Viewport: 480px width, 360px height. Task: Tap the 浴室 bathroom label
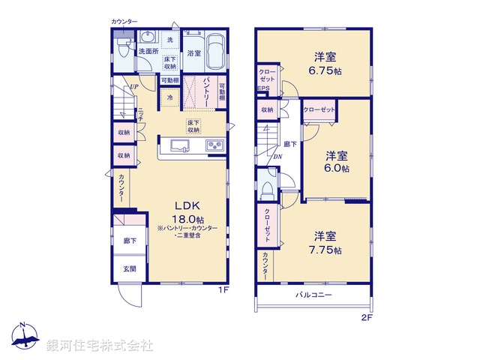(x=194, y=52)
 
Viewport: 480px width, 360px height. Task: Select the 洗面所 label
(x=147, y=52)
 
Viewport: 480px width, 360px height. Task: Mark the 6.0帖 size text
(x=337, y=169)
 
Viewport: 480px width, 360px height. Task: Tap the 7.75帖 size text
(x=327, y=249)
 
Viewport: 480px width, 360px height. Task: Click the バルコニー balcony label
(x=313, y=295)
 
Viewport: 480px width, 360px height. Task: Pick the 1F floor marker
(x=223, y=289)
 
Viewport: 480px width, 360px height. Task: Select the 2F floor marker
(x=367, y=317)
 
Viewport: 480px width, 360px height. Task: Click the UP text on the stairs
(x=133, y=86)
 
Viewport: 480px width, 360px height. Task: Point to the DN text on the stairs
(x=277, y=157)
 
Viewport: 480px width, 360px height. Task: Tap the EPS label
(x=263, y=88)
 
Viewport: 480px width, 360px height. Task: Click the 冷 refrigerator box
(x=170, y=97)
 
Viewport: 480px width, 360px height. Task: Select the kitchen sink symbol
(x=181, y=145)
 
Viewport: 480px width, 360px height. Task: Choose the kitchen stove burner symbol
(x=214, y=145)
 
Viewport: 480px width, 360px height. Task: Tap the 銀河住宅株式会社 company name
(x=99, y=345)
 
